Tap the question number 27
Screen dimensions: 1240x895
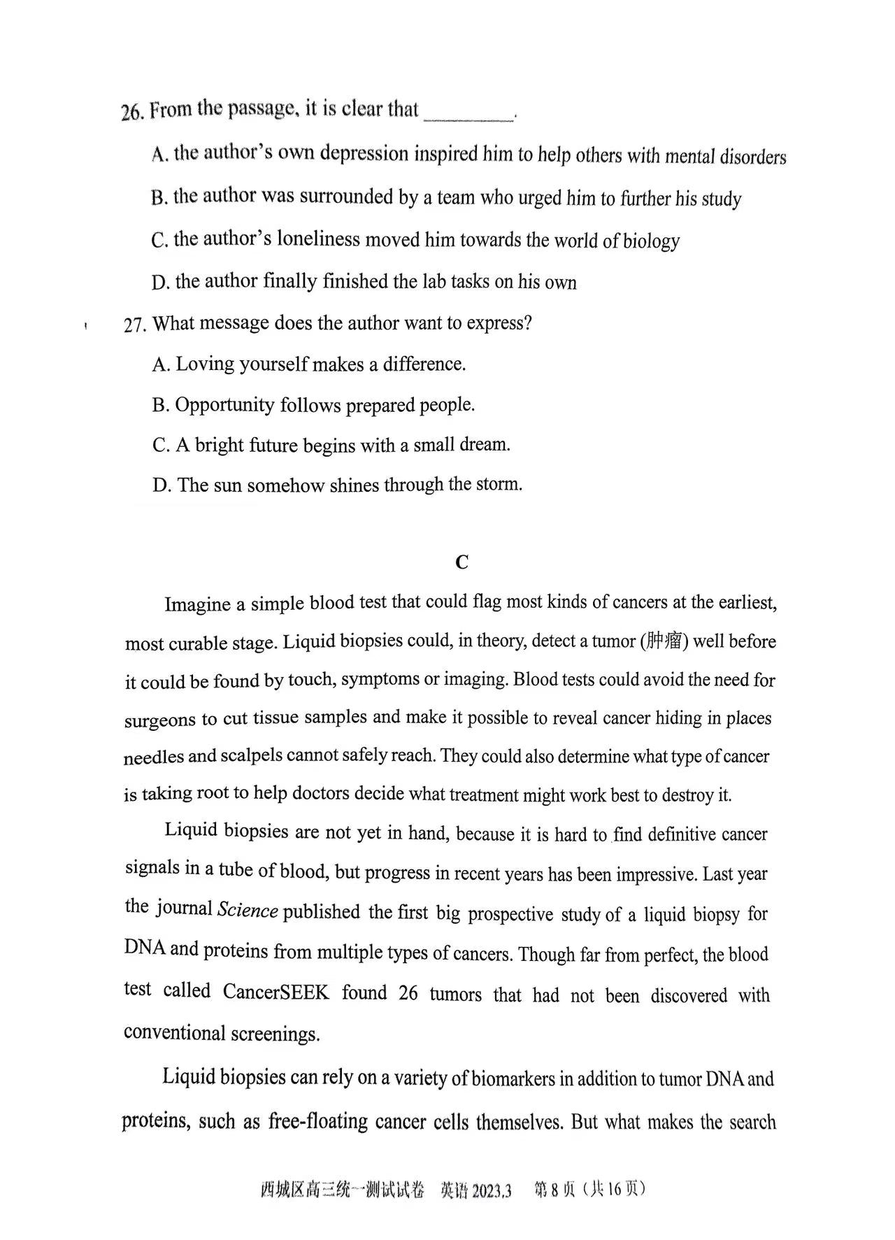coord(134,325)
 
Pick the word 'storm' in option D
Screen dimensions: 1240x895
coord(502,484)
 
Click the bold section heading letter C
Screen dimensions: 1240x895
coord(461,562)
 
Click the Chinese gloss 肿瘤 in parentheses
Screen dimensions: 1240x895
coord(664,641)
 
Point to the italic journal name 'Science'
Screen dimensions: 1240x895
coord(248,910)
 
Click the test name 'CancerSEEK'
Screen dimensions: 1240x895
coord(275,992)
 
